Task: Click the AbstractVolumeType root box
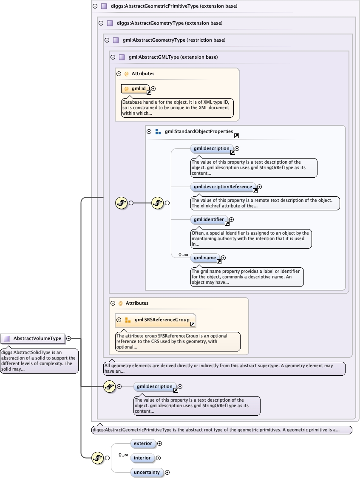tap(33, 339)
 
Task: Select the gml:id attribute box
tap(136, 89)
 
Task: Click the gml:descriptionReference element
tap(223, 187)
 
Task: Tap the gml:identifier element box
tap(209, 220)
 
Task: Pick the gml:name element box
tap(205, 258)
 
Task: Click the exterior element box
tap(142, 444)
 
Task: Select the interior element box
tap(142, 458)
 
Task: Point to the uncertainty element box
tap(147, 472)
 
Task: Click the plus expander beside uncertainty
tap(167, 472)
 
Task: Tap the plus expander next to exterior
tap(160, 444)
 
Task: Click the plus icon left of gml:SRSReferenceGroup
tap(119, 320)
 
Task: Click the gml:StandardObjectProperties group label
tap(199, 132)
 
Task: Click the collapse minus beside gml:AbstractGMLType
tap(113, 57)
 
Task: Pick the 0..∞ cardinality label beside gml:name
tap(183, 255)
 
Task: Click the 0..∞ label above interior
tap(123, 455)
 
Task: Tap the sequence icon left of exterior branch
tap(98, 458)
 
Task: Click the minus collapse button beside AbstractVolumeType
tap(68, 339)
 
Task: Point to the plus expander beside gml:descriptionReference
tap(259, 187)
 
